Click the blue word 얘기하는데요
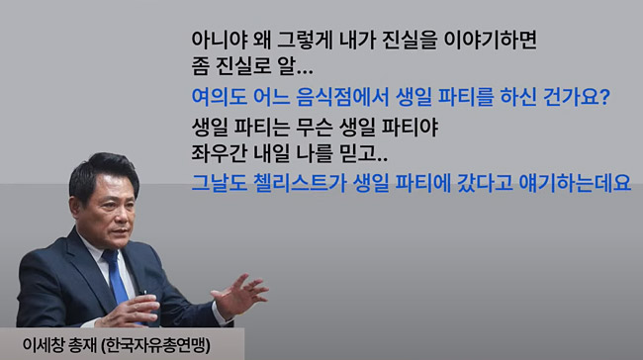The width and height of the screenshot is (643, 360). [x=575, y=183]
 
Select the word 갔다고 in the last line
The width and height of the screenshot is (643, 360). [x=485, y=183]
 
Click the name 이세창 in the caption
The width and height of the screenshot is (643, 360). [x=44, y=345]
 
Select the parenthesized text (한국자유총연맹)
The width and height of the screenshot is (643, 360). [x=156, y=345]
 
